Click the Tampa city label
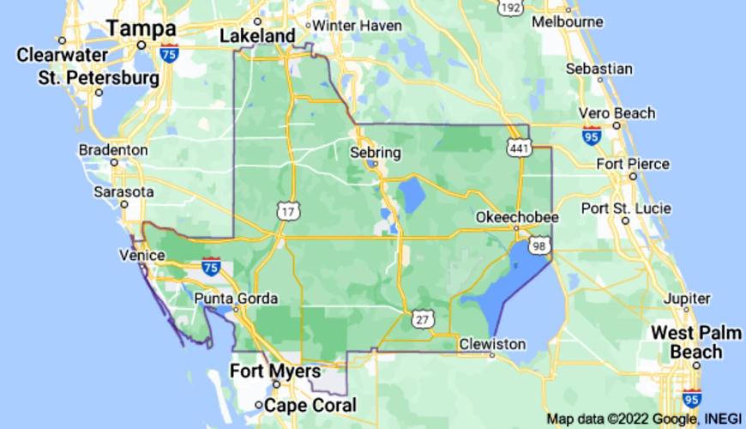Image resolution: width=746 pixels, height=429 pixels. point(141,29)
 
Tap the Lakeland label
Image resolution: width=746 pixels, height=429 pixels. point(256,36)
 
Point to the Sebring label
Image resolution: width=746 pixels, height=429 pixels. point(376,152)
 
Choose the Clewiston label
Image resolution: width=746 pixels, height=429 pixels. point(492,344)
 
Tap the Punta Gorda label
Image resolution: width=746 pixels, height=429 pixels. point(236,299)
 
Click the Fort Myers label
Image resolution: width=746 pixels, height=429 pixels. point(276,372)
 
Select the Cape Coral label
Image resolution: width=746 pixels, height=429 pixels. point(311,405)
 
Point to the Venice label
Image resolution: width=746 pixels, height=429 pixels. point(142,256)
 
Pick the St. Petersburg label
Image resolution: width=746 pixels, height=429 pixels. point(99,78)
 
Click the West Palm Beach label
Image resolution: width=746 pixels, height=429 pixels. point(695,342)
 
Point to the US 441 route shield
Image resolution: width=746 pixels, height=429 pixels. point(516,148)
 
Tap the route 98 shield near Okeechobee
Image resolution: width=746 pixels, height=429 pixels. point(538,246)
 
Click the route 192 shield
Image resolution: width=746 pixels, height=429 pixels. point(509,7)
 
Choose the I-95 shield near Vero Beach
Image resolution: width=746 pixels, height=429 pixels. point(591,135)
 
